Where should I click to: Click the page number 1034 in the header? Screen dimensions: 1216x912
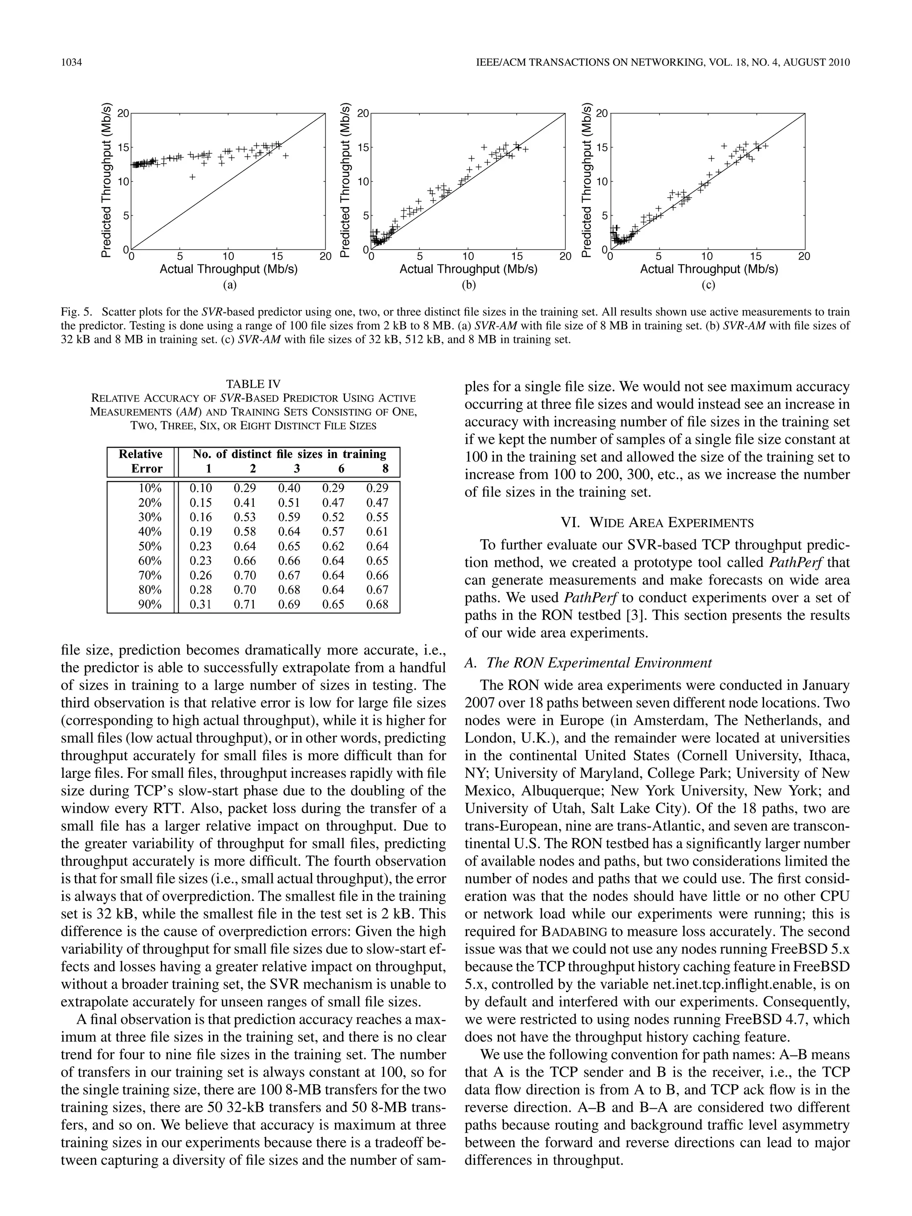pyautogui.click(x=71, y=63)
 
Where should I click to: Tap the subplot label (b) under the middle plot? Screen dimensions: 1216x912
pyautogui.click(x=468, y=285)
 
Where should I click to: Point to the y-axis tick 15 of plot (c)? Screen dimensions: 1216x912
pyautogui.click(x=602, y=147)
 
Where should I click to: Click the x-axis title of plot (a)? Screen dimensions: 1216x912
pyautogui.click(x=228, y=269)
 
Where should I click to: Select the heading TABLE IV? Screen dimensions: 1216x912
pyautogui.click(x=253, y=384)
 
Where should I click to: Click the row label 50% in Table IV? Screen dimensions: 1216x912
pyautogui.click(x=150, y=546)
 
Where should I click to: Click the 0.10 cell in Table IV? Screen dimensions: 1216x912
pyautogui.click(x=201, y=488)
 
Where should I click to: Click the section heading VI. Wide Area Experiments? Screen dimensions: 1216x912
pyautogui.click(x=657, y=522)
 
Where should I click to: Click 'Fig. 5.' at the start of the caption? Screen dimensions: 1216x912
pyautogui.click(x=77, y=312)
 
